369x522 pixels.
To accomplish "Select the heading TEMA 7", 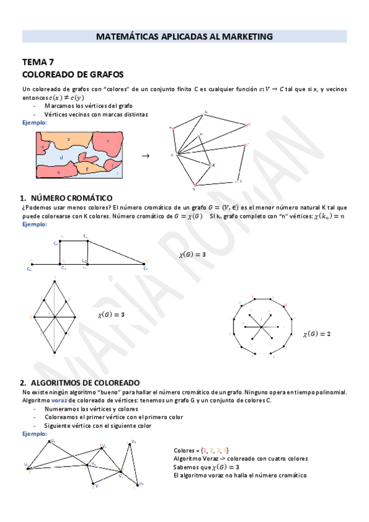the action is [38, 62].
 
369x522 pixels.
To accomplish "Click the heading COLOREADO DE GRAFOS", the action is [73, 74].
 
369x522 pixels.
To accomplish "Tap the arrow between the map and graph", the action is [146, 156].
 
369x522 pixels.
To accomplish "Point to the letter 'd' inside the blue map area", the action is [62, 157].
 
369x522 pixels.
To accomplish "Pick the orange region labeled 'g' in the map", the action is [87, 167].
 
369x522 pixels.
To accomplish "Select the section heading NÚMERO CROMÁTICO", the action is [71, 198].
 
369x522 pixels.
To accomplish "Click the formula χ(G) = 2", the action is [317, 334].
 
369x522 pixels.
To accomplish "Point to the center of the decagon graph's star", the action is [261, 326].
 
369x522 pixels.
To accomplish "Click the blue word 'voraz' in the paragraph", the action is [59, 400].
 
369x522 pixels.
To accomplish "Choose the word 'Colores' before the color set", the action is [184, 451].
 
